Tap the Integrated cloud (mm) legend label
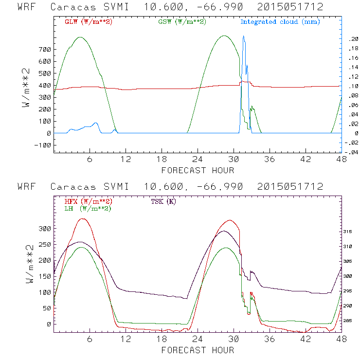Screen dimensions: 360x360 280,21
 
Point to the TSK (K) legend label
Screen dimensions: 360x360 163,201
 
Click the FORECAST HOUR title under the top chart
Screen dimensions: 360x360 198,170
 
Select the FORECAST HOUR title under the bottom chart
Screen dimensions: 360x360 198,350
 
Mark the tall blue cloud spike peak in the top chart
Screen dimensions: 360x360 243,36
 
